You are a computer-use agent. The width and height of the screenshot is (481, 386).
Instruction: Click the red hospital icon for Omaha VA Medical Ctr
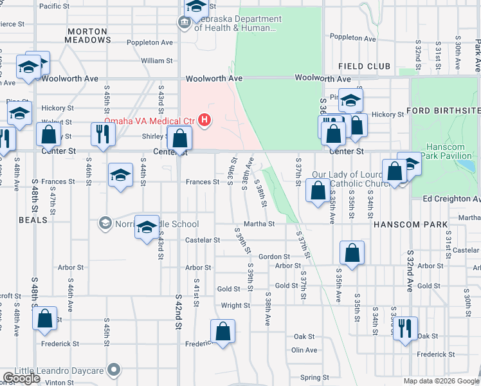[204, 120]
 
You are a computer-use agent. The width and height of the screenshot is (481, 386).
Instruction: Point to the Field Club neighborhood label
[364, 66]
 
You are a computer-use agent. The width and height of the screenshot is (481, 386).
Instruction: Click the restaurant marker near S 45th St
[102, 134]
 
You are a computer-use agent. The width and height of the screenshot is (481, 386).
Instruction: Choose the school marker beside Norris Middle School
[147, 226]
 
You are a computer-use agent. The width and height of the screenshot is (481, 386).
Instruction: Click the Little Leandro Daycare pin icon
[114, 370]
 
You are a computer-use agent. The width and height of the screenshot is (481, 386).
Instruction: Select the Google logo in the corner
[21, 378]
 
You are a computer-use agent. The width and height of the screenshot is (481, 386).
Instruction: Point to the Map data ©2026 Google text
[440, 381]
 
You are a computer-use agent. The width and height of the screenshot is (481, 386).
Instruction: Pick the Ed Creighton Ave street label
[452, 199]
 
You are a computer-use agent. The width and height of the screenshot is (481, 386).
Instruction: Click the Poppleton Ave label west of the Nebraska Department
[149, 42]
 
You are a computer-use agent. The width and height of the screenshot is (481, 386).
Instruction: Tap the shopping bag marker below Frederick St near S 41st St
[222, 332]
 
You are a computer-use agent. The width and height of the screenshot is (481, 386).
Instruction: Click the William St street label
[157, 60]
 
